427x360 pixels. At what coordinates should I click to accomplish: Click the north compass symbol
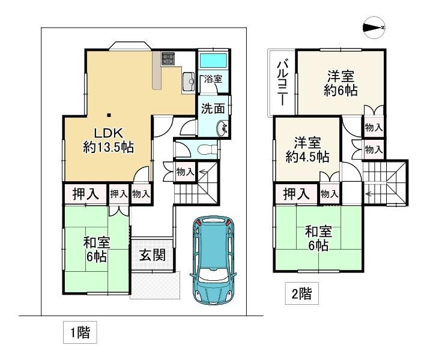click(374, 28)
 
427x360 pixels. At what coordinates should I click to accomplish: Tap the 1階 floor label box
click(80, 332)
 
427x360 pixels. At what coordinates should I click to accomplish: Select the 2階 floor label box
click(301, 293)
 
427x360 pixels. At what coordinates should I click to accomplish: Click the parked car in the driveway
click(214, 260)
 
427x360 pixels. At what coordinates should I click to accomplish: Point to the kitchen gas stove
click(168, 59)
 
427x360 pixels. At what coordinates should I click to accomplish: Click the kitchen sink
click(188, 82)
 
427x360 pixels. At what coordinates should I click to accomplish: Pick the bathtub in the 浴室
click(214, 61)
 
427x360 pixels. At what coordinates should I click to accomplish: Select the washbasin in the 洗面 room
click(222, 129)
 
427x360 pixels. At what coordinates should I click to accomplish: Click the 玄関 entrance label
click(152, 255)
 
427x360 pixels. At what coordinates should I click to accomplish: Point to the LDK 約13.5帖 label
click(108, 140)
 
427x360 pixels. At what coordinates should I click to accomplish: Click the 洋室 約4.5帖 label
click(307, 149)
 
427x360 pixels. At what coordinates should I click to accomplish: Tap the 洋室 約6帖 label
click(341, 83)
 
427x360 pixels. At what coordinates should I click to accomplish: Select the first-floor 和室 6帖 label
click(97, 250)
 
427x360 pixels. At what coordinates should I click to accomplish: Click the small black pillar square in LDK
click(109, 115)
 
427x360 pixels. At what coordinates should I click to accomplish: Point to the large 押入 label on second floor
click(296, 194)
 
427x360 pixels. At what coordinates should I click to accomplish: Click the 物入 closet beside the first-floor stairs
click(185, 172)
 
